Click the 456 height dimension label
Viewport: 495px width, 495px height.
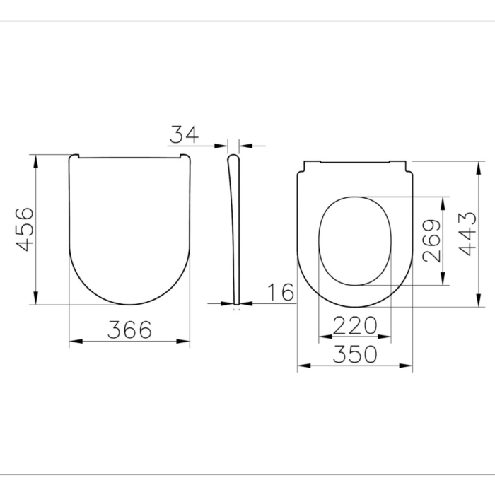25,229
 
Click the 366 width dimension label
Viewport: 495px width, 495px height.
129,329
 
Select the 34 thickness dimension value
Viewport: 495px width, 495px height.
184,134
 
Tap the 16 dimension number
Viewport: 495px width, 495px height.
280,292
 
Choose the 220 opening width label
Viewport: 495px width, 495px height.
354,326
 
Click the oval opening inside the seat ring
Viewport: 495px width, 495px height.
355,240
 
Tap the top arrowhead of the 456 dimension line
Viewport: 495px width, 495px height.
35,158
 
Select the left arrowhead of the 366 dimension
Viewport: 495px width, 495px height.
75,342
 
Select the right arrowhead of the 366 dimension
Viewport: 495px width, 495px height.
185,342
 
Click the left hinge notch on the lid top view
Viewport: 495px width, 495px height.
77,156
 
